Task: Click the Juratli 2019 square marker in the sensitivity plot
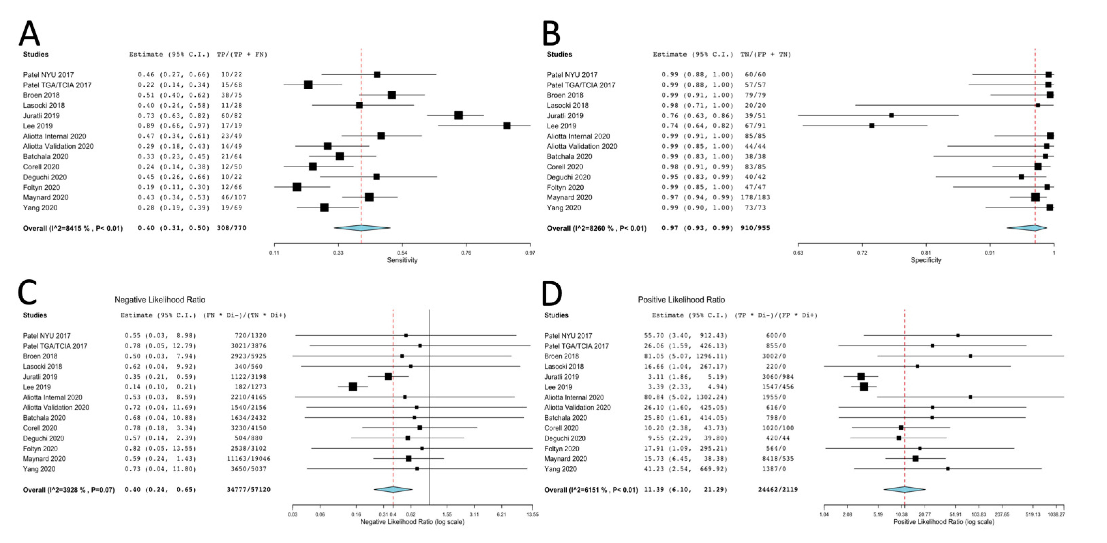(459, 115)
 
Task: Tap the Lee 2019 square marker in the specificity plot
(872, 125)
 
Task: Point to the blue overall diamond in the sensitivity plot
(362, 228)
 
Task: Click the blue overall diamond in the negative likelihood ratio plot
(393, 489)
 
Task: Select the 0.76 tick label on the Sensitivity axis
(466, 253)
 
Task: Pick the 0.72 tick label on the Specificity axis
(862, 253)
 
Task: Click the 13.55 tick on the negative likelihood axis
(532, 514)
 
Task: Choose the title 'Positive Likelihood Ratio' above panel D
(681, 300)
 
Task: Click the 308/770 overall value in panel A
(232, 228)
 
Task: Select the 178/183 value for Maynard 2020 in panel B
(755, 197)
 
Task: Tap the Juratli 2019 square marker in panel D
(861, 377)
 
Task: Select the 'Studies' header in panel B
(559, 54)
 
